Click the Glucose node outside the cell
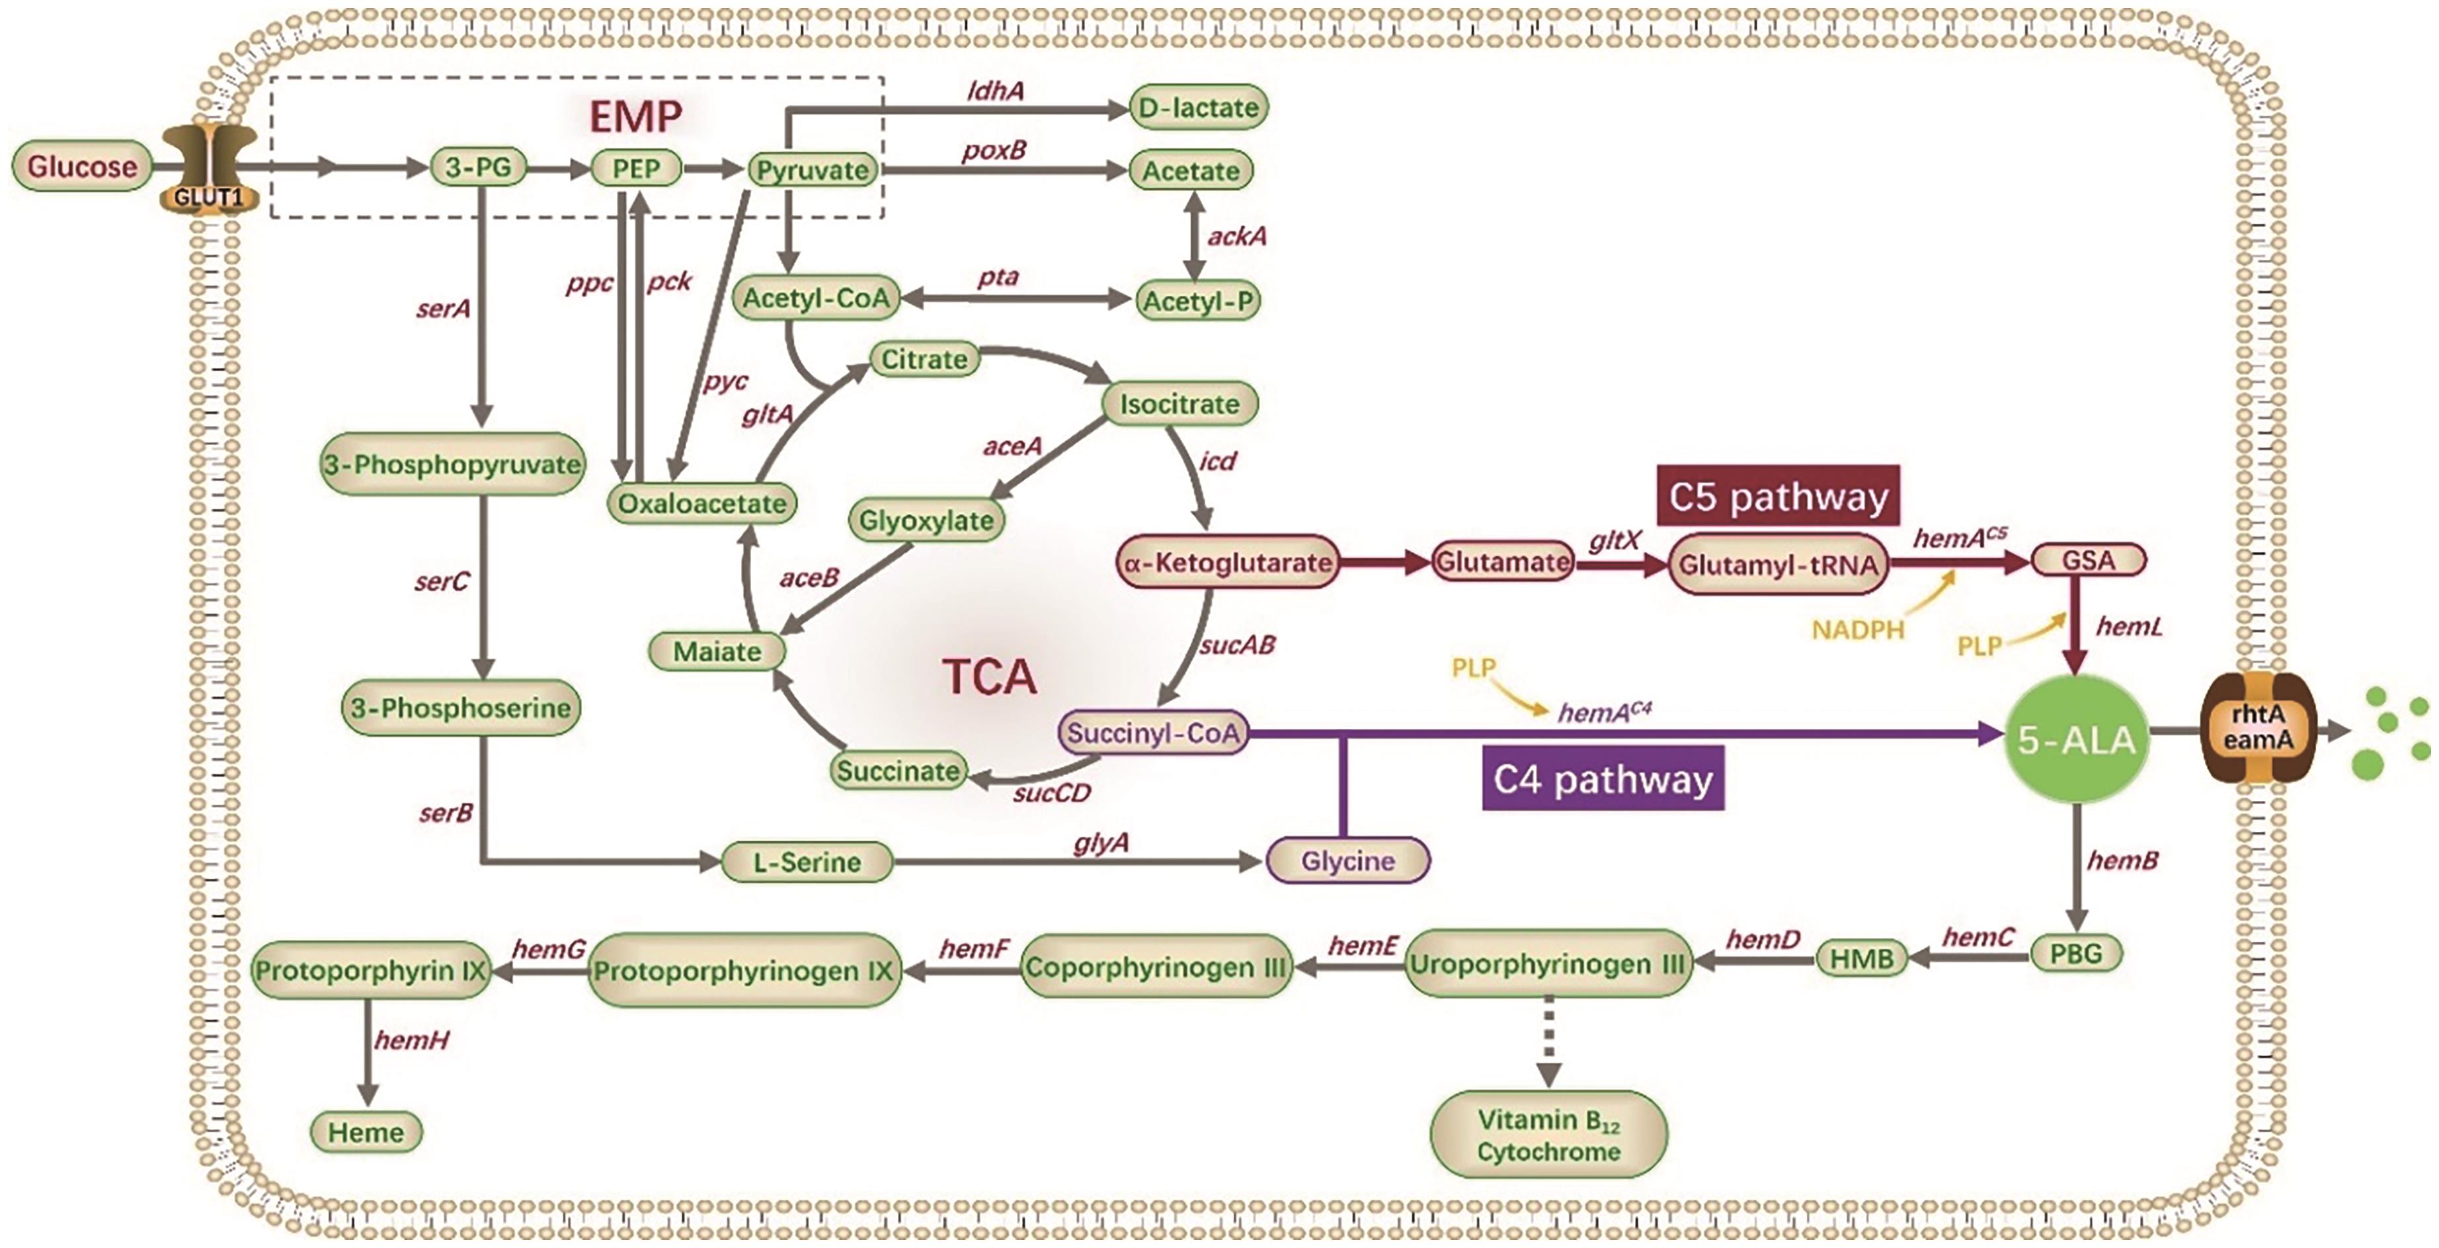[x=81, y=167]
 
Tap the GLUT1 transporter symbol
[x=209, y=169]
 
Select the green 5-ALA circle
[x=2077, y=739]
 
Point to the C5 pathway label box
[x=1778, y=496]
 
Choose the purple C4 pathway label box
[x=1603, y=779]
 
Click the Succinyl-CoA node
[x=1153, y=733]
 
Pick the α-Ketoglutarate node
[x=1228, y=562]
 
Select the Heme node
[x=366, y=1132]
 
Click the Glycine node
[x=1347, y=860]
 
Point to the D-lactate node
[x=1198, y=107]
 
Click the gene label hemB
[x=2123, y=860]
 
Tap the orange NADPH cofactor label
[x=1858, y=630]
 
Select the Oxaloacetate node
[x=701, y=503]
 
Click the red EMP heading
[x=635, y=116]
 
